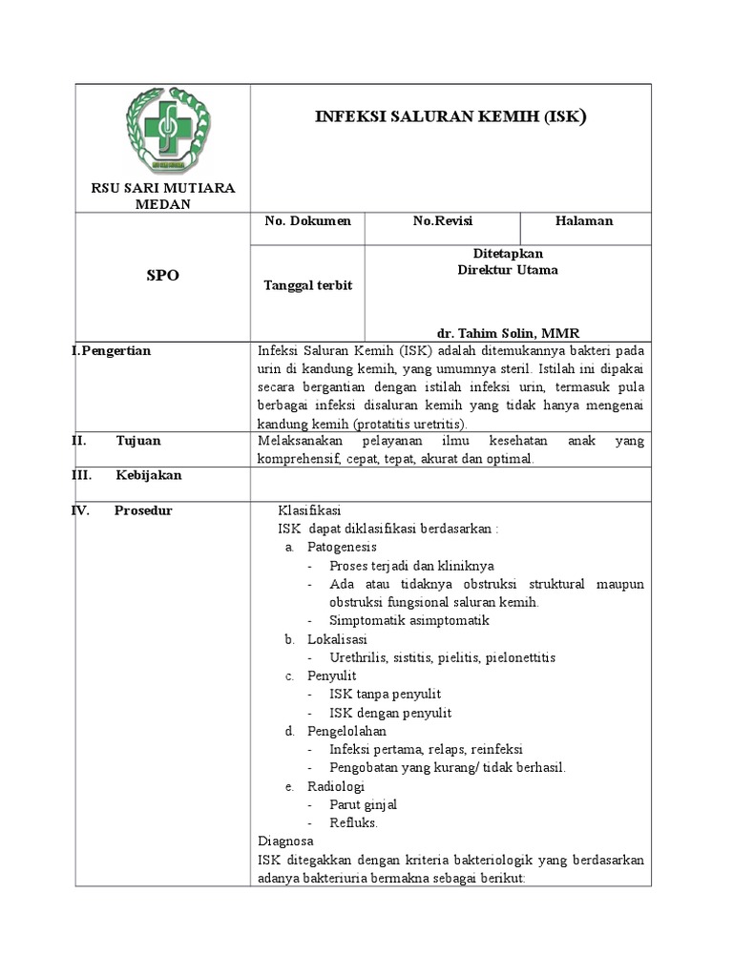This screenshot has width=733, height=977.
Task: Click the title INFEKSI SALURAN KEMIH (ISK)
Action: click(450, 117)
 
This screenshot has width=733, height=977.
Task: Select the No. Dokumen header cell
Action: click(307, 221)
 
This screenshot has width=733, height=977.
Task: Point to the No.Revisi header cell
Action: click(442, 221)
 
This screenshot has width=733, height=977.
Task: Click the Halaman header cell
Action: click(584, 221)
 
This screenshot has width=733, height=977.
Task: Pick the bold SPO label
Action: click(162, 276)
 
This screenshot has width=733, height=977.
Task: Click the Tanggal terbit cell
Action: click(307, 286)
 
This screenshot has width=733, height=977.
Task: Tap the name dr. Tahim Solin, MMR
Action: click(508, 333)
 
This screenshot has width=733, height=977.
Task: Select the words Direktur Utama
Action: click(508, 270)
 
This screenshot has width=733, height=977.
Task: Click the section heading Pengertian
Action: click(115, 351)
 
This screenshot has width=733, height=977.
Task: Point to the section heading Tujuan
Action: click(138, 441)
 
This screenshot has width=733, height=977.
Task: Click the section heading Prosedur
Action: click(143, 510)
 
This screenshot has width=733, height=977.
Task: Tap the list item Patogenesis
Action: click(342, 548)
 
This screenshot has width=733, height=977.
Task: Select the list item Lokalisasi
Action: click(337, 639)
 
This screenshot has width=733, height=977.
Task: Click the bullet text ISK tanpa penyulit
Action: click(385, 695)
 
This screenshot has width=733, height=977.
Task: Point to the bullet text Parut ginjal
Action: click(364, 804)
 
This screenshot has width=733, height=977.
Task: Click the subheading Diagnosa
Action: click(285, 842)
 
